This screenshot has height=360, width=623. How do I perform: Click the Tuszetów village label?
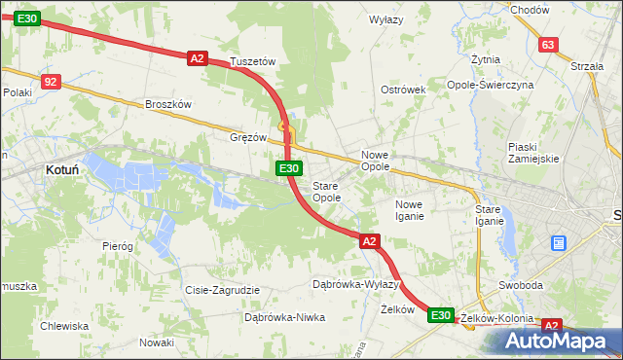click(253, 61)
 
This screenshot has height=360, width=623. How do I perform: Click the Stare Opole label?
click(326, 192)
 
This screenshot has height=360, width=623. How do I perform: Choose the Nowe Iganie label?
click(409, 210)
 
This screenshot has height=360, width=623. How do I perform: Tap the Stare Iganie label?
click(489, 216)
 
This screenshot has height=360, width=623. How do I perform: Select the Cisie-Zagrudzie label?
click(222, 290)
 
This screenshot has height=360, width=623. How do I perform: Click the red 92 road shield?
click(52, 82)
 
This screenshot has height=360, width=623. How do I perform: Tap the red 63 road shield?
click(548, 45)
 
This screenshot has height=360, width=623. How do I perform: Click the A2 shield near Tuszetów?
click(198, 58)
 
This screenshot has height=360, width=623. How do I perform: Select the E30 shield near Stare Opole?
click(288, 168)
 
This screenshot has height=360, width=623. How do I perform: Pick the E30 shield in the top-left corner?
click(27, 18)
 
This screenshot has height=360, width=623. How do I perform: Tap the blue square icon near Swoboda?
click(559, 242)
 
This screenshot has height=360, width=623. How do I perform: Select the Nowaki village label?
click(156, 342)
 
